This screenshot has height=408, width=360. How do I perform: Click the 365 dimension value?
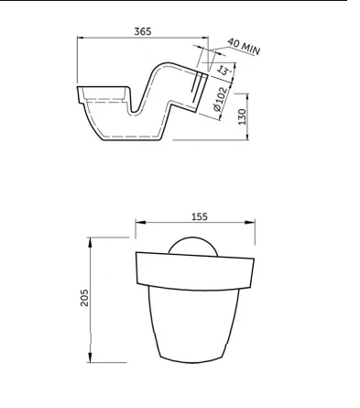pos(143,31)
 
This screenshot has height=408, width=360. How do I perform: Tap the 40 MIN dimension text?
pos(244,47)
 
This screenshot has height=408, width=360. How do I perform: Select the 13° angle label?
pos(224,71)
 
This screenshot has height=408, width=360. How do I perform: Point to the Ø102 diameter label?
pos(220,99)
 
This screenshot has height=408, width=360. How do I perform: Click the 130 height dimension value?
pos(242,116)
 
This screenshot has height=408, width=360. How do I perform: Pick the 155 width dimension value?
pos(200,216)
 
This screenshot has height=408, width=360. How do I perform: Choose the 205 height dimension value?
pos(84,298)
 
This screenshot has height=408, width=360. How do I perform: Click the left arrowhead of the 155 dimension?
pos(139,222)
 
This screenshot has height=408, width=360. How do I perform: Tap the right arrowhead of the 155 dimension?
pos(251,222)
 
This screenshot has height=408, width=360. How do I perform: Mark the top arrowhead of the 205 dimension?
pos(90,242)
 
